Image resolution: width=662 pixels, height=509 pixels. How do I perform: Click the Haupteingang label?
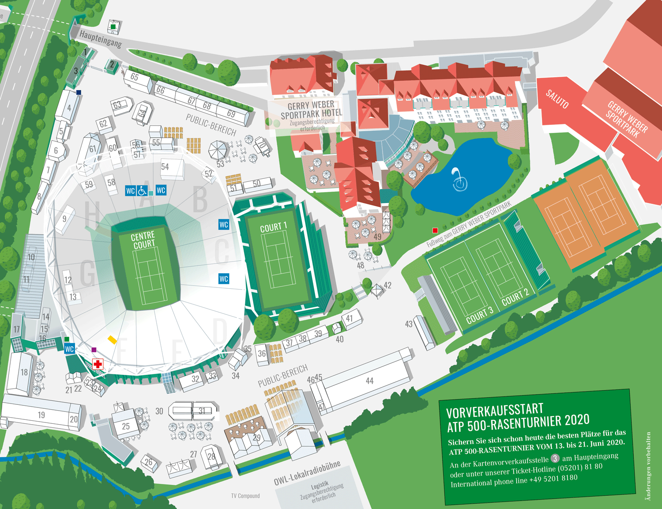point(100,38)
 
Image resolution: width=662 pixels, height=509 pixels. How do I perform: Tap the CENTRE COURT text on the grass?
point(143,240)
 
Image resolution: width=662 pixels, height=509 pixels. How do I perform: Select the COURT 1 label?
point(273,227)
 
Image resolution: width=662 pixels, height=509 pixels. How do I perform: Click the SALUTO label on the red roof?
point(557,99)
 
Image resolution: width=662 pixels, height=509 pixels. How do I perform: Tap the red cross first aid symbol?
point(98,364)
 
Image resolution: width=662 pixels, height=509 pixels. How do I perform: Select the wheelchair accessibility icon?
point(142,191)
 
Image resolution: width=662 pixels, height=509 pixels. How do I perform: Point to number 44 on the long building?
point(369,381)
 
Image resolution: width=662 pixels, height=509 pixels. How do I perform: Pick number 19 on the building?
point(41,415)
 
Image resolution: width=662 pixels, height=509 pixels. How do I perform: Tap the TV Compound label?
point(245,496)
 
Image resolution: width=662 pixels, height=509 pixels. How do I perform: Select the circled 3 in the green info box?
point(555,459)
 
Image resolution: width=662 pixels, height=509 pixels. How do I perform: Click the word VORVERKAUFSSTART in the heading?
point(494,411)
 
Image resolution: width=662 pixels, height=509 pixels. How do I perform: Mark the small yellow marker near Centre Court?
point(112,339)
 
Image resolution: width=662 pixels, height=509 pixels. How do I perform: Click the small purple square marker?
point(94,350)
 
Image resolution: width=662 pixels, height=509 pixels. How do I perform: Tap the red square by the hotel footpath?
point(435,230)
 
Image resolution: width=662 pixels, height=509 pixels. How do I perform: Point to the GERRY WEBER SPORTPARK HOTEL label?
point(311,110)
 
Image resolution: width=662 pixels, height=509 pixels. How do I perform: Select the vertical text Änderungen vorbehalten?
point(648,466)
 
